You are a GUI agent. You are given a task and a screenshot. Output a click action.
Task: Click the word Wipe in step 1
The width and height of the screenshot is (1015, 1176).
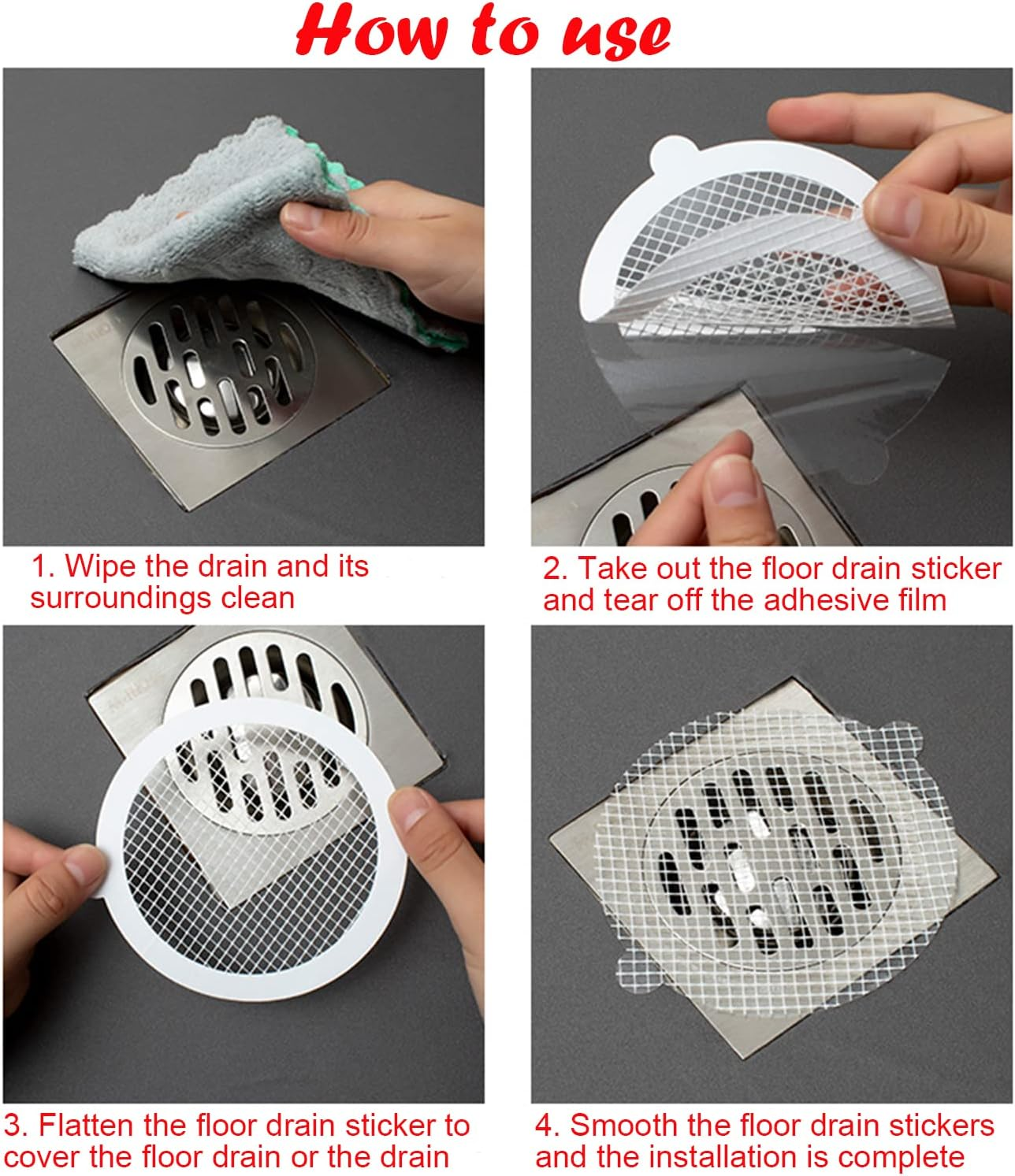point(99,566)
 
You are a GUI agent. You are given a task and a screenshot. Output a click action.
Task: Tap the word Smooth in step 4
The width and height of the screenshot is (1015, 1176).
point(623,1125)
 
